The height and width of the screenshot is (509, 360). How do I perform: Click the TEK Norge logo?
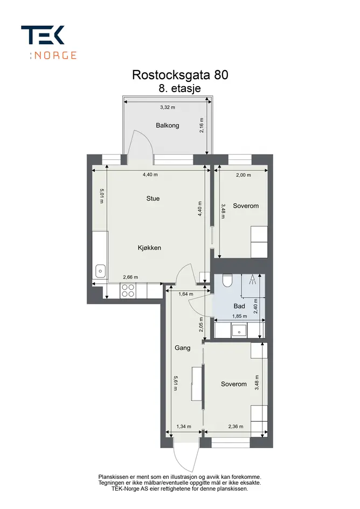pyautogui.click(x=49, y=43)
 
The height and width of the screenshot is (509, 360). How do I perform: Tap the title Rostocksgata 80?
pyautogui.click(x=180, y=75)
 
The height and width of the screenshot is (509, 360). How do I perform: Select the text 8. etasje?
pyautogui.click(x=179, y=88)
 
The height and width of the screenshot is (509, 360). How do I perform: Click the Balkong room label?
pyautogui.click(x=167, y=125)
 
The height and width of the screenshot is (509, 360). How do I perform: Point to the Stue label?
pyautogui.click(x=153, y=198)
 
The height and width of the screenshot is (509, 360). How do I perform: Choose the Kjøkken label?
pyautogui.click(x=149, y=248)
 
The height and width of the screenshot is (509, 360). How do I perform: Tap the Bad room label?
pyautogui.click(x=239, y=306)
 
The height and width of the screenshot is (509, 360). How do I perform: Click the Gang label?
pyautogui.click(x=183, y=348)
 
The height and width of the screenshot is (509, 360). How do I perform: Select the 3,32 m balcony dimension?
pyautogui.click(x=168, y=107)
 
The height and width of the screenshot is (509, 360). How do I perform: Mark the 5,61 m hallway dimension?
pyautogui.click(x=176, y=383)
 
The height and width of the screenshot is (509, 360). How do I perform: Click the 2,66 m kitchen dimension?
pyautogui.click(x=130, y=277)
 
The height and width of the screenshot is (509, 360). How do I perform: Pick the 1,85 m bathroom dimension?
pyautogui.click(x=239, y=316)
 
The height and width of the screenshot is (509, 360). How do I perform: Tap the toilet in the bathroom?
pyautogui.click(x=227, y=281)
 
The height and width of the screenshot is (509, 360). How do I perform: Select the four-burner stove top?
pyautogui.click(x=128, y=290)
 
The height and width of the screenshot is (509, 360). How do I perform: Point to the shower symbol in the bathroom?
pyautogui.click(x=252, y=280)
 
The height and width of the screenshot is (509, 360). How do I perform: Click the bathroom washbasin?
pyautogui.click(x=239, y=331)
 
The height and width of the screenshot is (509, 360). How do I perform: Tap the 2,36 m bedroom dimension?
pyautogui.click(x=236, y=427)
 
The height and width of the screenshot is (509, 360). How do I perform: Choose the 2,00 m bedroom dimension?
pyautogui.click(x=244, y=175)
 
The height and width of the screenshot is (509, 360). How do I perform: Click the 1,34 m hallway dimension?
pyautogui.click(x=184, y=427)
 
